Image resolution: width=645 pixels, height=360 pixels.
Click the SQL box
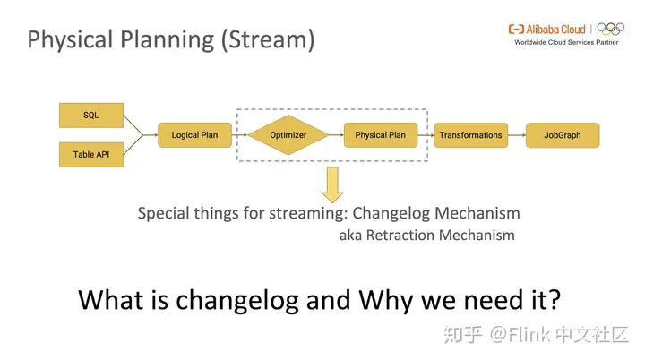coord(91,116)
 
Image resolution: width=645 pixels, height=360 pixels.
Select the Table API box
coord(91,155)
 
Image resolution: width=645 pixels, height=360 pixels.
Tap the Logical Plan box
coord(194,135)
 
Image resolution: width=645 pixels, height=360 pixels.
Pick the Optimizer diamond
coord(288,135)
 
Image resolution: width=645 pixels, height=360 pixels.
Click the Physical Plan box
coord(380,135)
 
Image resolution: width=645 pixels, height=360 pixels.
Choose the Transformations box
coord(470,135)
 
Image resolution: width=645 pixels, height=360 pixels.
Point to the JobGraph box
coord(562,135)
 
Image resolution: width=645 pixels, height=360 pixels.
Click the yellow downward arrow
coord(333,184)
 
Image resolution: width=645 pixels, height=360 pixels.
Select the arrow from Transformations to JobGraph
coord(517,135)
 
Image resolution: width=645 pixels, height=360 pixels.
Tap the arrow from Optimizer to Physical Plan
coord(332,135)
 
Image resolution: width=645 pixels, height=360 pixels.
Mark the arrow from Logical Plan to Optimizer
coord(237,135)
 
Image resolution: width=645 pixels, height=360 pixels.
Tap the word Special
coord(162,213)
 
